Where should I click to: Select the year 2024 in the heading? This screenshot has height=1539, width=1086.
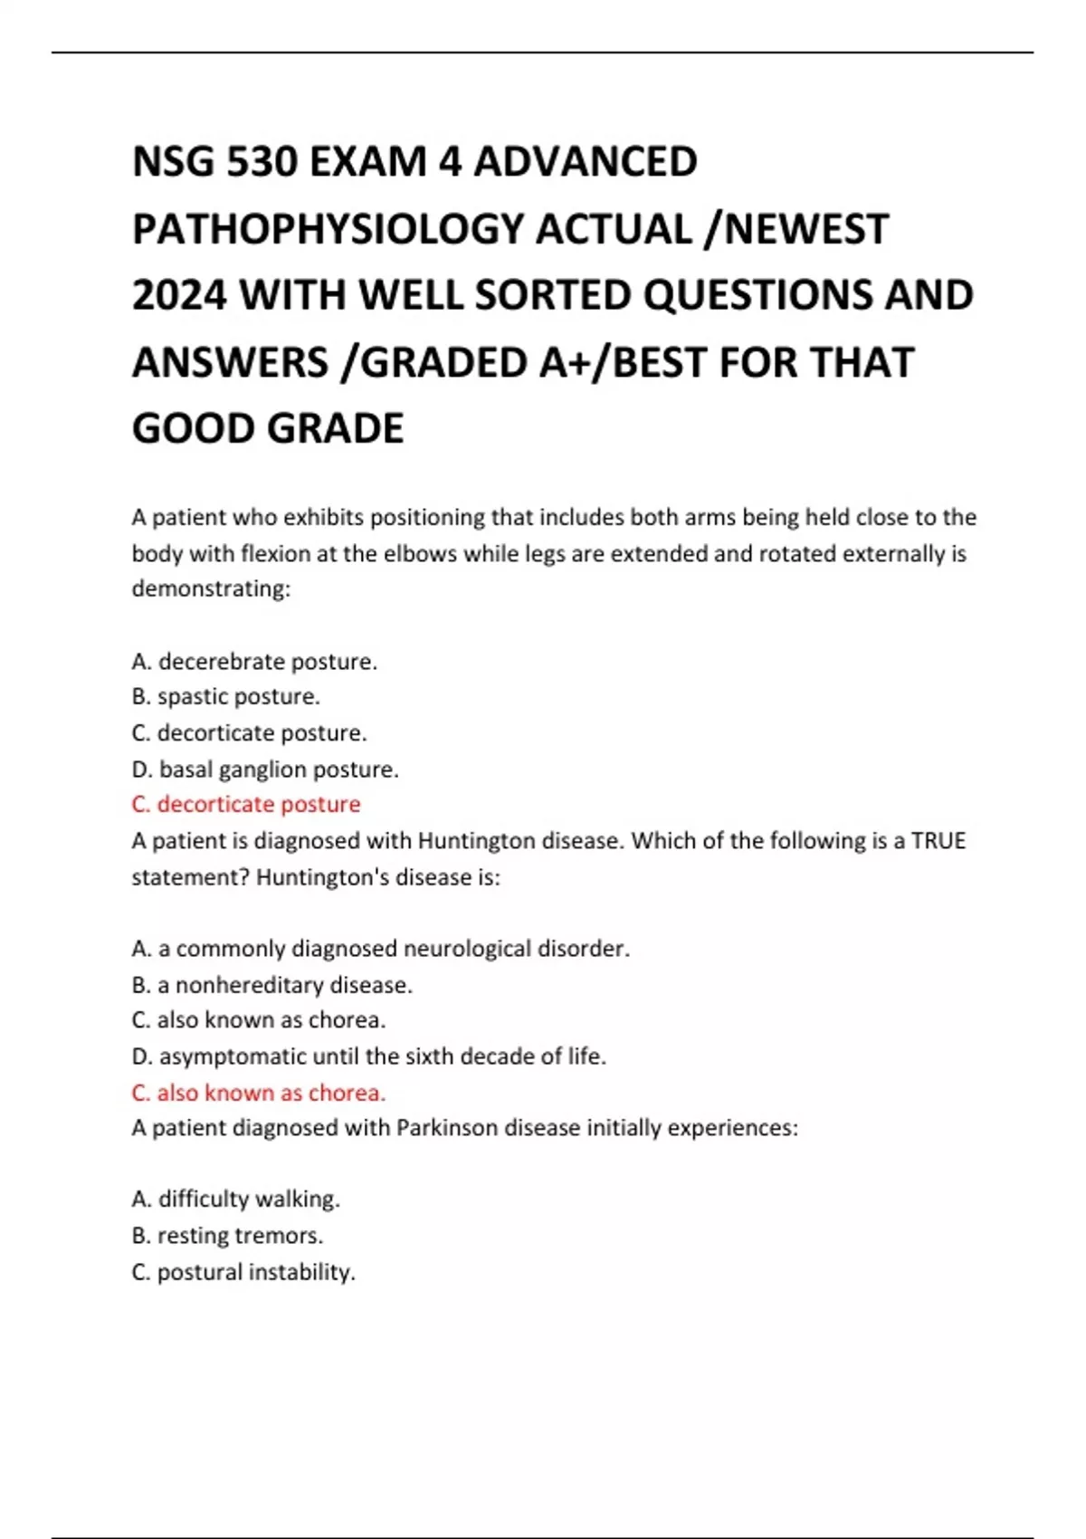[x=179, y=296]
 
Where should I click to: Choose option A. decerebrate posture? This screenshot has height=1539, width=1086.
[x=254, y=662]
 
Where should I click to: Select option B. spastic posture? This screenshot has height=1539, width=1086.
[x=226, y=697]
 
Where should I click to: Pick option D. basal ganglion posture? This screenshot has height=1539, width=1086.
[x=265, y=769]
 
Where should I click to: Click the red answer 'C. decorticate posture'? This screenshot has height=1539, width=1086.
[x=246, y=805]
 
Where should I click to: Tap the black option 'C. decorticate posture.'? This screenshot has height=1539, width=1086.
[x=250, y=733]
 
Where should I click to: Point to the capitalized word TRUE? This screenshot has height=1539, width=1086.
[x=938, y=841]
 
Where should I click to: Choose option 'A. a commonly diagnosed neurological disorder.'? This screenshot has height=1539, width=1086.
[x=381, y=949]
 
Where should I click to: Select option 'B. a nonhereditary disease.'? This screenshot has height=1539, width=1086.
[x=272, y=985]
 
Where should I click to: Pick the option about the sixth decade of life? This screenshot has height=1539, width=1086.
[x=369, y=1056]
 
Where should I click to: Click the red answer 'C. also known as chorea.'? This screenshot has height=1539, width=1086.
[x=259, y=1093]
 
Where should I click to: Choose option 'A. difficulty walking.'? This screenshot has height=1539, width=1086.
[x=236, y=1200]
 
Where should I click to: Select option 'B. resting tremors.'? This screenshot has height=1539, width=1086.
[x=228, y=1236]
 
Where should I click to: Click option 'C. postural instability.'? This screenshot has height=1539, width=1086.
[x=243, y=1272]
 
